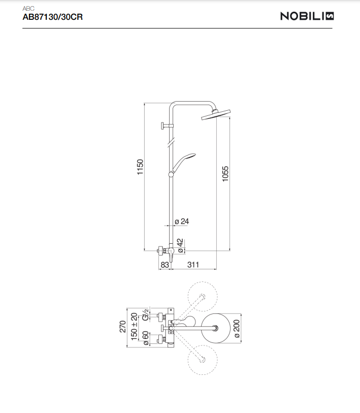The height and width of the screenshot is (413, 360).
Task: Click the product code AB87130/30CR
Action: point(53,17)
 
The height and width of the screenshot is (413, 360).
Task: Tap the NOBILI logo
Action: point(307,16)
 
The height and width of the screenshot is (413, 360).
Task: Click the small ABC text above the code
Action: point(28,9)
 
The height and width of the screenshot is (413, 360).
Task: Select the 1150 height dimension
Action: point(140,167)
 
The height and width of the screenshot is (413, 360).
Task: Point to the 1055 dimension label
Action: point(225,174)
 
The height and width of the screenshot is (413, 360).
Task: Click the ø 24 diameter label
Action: point(182,221)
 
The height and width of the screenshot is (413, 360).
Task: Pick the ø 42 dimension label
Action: point(180,246)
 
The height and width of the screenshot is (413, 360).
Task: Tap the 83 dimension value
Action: point(165,265)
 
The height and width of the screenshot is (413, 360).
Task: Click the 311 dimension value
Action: point(193,265)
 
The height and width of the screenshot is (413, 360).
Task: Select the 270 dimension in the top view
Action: point(123,327)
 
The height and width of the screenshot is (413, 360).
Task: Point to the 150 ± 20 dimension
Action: point(134,327)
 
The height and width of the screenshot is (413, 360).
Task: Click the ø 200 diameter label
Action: point(237,329)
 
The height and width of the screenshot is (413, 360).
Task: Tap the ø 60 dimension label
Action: point(146,338)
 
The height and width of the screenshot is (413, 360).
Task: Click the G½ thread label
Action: point(146,315)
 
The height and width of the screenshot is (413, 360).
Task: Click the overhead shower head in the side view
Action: point(216,115)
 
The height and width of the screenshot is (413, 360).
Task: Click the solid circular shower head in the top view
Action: point(216,328)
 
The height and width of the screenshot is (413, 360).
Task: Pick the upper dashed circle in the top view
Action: point(203,297)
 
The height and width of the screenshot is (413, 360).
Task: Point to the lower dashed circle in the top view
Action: point(203,360)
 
